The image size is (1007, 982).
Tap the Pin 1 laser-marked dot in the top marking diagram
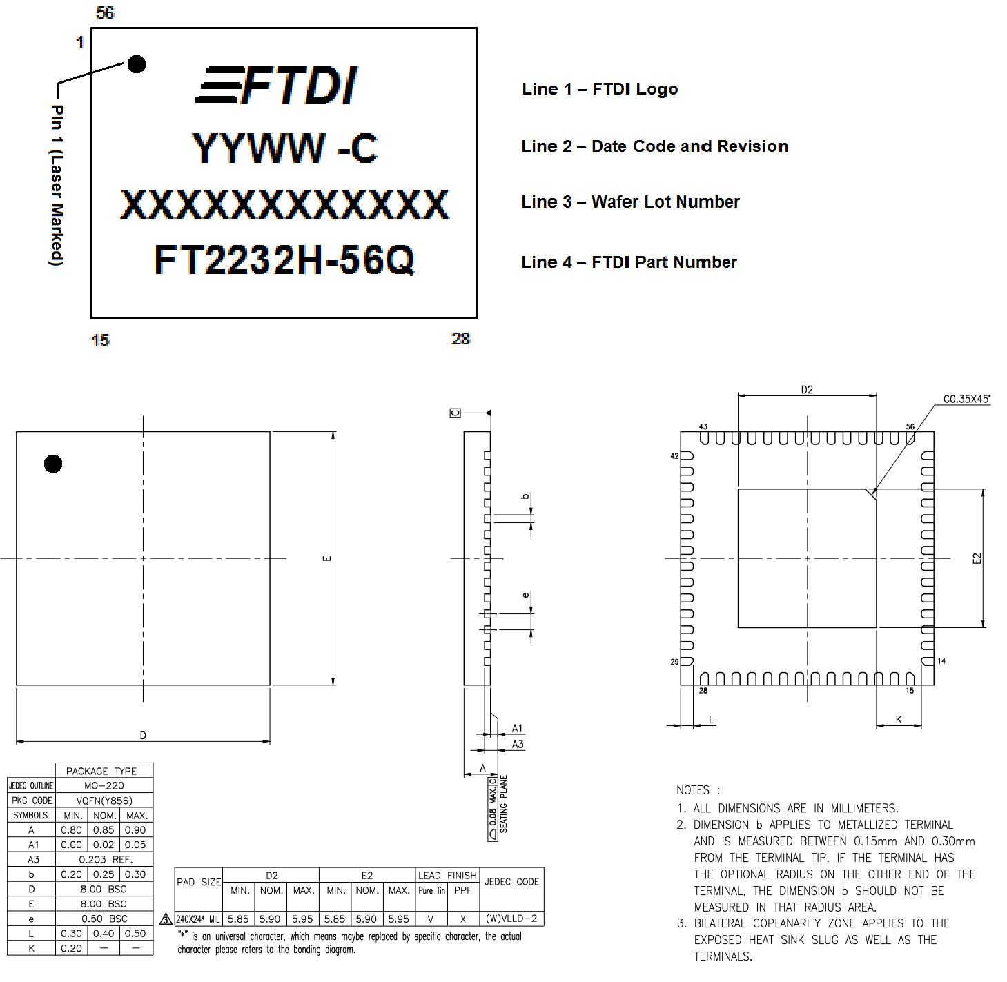coord(137,64)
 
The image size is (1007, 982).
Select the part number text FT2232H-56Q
coord(284,260)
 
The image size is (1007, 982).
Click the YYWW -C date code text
coord(284,148)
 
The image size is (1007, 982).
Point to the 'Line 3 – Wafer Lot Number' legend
coord(630,202)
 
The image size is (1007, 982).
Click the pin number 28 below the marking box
coord(460,339)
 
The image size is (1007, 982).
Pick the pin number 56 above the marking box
coord(105,12)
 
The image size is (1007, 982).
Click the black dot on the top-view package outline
coord(53,464)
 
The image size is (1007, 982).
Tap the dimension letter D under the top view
coord(143,736)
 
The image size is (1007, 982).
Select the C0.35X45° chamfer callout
coord(966,399)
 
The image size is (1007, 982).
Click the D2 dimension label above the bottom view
coord(807,390)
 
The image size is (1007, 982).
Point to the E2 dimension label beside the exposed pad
coord(977,558)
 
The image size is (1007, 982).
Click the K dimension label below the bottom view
coord(899,720)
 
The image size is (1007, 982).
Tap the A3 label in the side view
coord(518,745)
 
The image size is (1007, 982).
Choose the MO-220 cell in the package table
coord(104,785)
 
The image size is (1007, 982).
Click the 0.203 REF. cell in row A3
coord(104,859)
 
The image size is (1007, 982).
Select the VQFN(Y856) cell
coord(104,801)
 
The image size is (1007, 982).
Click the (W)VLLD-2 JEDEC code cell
coord(511,919)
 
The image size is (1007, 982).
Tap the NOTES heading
coord(698,790)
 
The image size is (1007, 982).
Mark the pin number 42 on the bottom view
coord(674,456)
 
